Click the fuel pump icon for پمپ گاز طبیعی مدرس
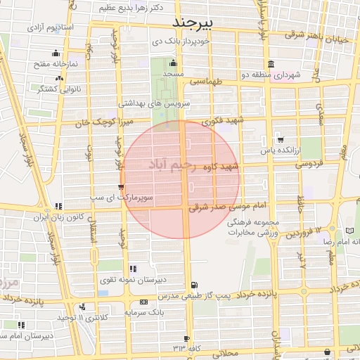[193, 284]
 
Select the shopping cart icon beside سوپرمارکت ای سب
[122, 187]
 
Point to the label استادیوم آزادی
[51, 27]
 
